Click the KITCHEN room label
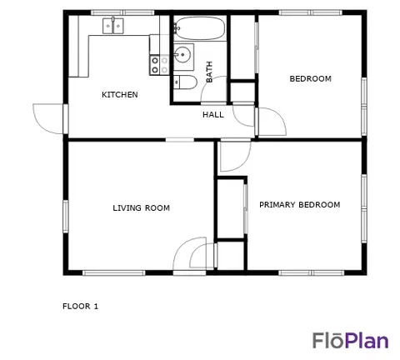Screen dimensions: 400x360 [x=120, y=95]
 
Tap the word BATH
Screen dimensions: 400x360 [x=209, y=72]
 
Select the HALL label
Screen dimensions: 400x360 [x=213, y=114]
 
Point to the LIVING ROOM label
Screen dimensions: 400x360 [x=141, y=208]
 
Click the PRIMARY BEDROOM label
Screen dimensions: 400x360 [x=300, y=205]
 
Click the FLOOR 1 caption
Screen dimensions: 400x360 [x=80, y=307]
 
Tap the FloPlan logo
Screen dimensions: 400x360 [x=351, y=340]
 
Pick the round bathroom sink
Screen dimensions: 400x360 [x=182, y=55]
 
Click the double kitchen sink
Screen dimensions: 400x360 [x=113, y=26]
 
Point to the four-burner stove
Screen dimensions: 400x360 [x=159, y=65]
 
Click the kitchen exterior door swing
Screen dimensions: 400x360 [x=48, y=119]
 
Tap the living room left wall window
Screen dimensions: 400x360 [x=66, y=217]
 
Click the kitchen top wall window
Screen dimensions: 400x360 [x=122, y=12]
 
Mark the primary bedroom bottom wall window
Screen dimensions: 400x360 [x=312, y=272]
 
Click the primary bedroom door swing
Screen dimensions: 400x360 [x=236, y=156]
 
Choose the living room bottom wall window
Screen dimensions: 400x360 [x=114, y=273]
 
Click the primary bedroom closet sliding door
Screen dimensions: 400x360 [x=245, y=209]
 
